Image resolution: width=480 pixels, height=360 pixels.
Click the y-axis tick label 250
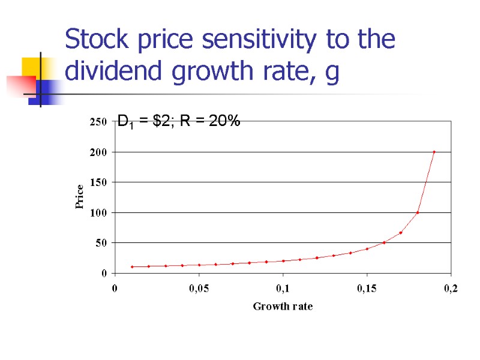pyautogui.click(x=98, y=122)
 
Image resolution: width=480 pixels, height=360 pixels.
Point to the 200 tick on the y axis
pyautogui.click(x=98, y=152)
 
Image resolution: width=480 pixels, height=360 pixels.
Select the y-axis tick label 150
pyautogui.click(x=98, y=182)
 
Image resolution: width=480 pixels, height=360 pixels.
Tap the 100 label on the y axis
pyautogui.click(x=98, y=212)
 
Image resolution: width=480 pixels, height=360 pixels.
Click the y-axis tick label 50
pyautogui.click(x=100, y=242)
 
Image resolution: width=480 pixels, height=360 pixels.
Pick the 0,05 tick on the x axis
pyautogui.click(x=199, y=289)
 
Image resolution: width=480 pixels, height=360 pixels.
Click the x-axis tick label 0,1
pyautogui.click(x=283, y=289)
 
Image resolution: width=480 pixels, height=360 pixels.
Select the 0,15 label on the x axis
pyautogui.click(x=367, y=289)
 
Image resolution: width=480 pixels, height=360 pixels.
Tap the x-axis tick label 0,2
pyautogui.click(x=450, y=289)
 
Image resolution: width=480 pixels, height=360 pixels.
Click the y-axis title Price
pyautogui.click(x=79, y=197)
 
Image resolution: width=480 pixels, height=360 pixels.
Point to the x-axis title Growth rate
pyautogui.click(x=283, y=307)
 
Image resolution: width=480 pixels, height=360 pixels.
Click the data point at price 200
pyautogui.click(x=434, y=152)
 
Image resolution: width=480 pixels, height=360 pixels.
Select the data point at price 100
pyautogui.click(x=417, y=212)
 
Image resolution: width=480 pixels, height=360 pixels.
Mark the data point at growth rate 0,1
pyautogui.click(x=283, y=261)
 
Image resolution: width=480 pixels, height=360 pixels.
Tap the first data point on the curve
pyautogui.click(x=132, y=267)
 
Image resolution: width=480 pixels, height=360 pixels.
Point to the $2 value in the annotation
pyautogui.click(x=161, y=121)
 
